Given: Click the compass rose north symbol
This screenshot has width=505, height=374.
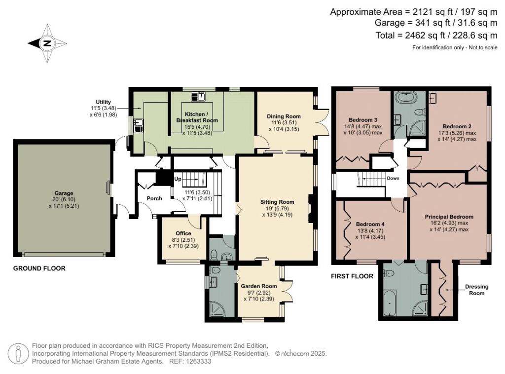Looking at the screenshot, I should (47, 43).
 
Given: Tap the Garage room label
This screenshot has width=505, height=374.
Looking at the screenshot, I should (64, 193).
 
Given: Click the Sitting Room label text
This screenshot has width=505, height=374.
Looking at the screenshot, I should (277, 202).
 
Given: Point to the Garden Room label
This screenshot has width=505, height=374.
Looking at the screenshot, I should (259, 286).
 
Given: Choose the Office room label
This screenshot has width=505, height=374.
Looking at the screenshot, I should (183, 233).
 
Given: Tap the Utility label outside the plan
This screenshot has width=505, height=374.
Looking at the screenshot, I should (103, 102).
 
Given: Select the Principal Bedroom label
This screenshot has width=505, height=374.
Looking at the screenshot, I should (449, 217).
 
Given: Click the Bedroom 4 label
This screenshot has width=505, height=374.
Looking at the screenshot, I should (370, 224).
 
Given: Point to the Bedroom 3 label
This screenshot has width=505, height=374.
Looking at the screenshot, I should (363, 120).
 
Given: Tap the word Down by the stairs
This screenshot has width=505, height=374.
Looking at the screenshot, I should (393, 178).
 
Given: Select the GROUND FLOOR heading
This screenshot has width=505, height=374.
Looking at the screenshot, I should (39, 269).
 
